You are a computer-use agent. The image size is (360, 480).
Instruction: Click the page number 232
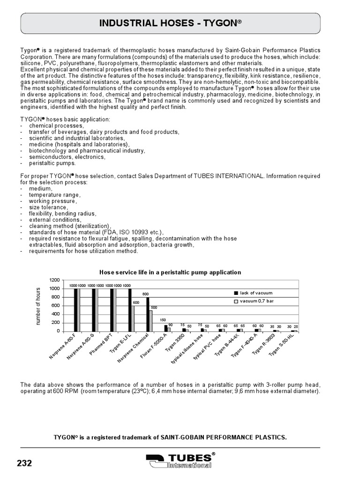point(24,463)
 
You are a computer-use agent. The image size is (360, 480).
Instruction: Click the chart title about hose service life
point(170,272)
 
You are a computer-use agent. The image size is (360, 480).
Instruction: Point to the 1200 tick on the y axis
point(54,280)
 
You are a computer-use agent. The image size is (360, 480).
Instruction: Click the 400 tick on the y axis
point(56,314)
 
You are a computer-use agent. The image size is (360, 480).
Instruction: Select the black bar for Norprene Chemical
point(148,314)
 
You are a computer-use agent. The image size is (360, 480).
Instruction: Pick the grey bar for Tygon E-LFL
point(133,318)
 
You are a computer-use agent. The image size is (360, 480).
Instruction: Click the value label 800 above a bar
point(146,294)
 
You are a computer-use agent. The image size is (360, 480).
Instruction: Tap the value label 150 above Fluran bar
point(164,320)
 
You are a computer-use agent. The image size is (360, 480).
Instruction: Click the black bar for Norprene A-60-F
point(75,310)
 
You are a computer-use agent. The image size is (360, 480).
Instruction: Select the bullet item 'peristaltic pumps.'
point(52,163)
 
